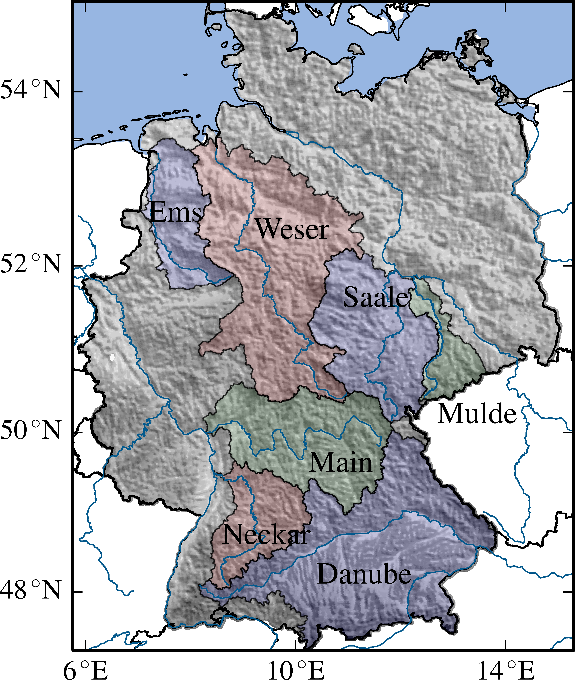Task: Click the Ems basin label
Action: [x=176, y=212]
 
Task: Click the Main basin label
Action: [x=341, y=463]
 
